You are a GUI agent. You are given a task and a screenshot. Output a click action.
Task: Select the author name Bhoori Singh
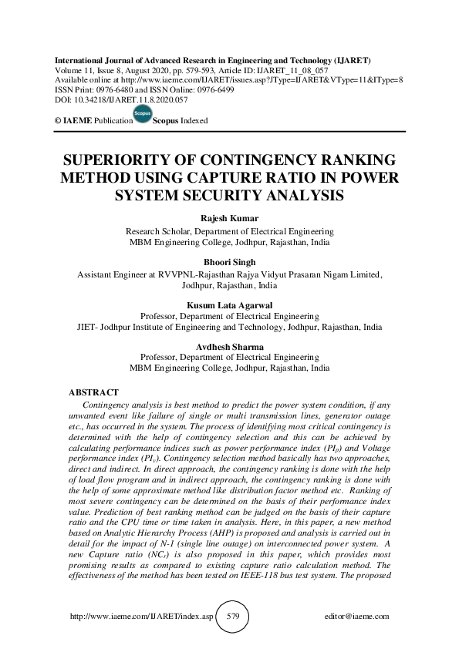tap(229, 263)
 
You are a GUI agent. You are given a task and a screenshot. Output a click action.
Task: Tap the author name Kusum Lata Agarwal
tap(229, 306)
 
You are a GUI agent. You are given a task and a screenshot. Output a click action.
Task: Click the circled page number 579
tap(230, 617)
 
